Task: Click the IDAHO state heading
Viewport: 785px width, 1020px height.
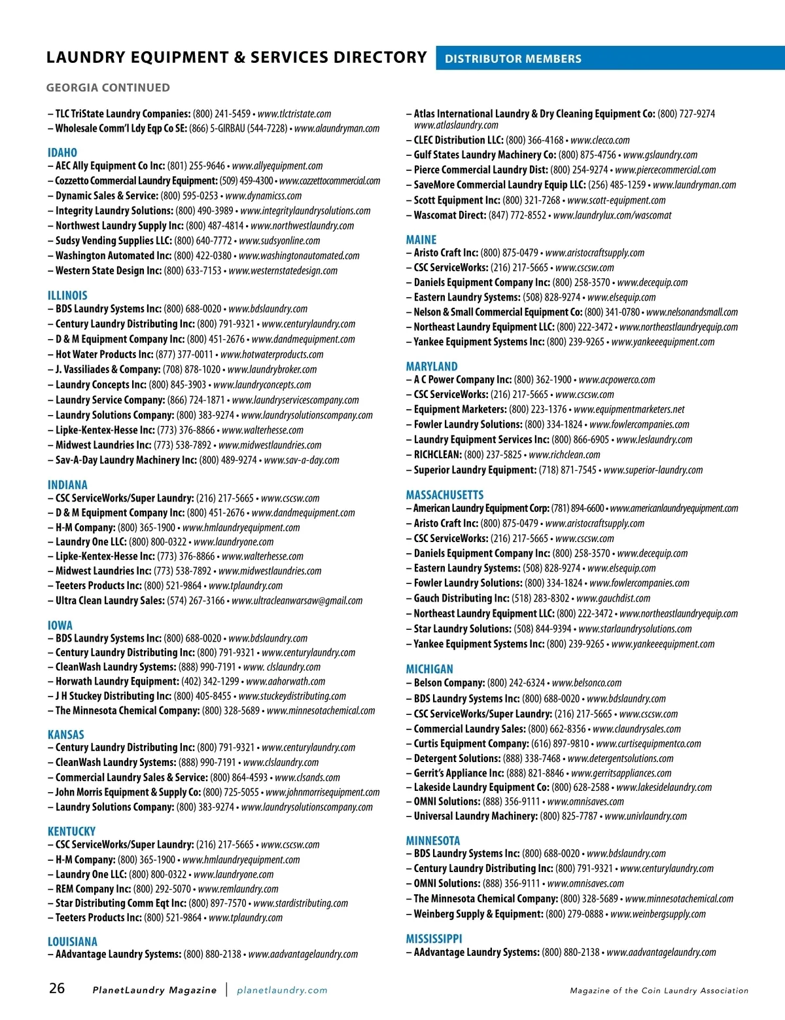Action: (x=62, y=153)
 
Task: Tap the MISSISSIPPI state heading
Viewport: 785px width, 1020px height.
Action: (x=434, y=939)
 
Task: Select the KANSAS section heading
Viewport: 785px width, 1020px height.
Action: (x=65, y=735)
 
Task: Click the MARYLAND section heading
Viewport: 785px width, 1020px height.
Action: (x=432, y=367)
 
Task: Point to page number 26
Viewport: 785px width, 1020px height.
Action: (x=57, y=989)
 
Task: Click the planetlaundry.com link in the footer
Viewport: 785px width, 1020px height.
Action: (x=282, y=990)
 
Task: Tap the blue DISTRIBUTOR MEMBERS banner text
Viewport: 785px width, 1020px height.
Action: (x=513, y=59)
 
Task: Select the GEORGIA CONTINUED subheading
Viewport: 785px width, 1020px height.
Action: (x=108, y=88)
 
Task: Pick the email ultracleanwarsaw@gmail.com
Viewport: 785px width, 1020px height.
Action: (x=297, y=600)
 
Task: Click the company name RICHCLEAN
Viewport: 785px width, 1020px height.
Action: (x=437, y=454)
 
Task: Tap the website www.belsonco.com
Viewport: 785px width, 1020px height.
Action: (x=587, y=683)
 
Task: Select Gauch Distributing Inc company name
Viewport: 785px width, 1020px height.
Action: (x=461, y=598)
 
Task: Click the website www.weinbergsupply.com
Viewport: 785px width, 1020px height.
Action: (x=658, y=914)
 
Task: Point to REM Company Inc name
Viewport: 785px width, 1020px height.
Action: (x=93, y=889)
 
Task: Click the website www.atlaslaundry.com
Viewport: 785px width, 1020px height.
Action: (x=456, y=125)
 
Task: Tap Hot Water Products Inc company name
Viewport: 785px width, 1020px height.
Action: (x=104, y=354)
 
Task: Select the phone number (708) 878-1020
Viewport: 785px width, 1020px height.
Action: (x=191, y=369)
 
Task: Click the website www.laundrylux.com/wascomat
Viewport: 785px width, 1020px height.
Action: (x=612, y=215)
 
